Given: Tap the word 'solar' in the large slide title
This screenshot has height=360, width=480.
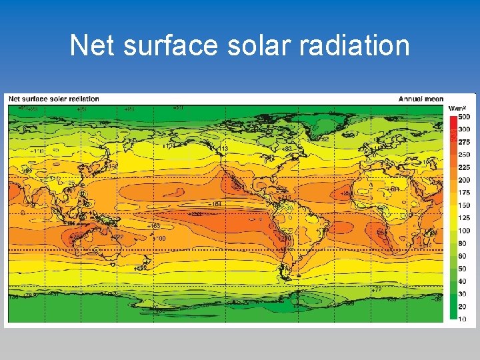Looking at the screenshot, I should [258, 45].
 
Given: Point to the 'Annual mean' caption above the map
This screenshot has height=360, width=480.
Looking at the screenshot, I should [421, 99].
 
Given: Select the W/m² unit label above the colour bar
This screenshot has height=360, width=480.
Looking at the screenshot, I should [457, 108].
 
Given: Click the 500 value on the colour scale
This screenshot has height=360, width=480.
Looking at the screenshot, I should [463, 117].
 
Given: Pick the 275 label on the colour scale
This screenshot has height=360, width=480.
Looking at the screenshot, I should [463, 142].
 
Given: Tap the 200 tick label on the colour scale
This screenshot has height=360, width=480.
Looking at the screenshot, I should [463, 180].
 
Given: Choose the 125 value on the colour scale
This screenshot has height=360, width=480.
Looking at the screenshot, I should [463, 218].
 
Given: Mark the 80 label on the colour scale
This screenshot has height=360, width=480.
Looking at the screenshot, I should [462, 243].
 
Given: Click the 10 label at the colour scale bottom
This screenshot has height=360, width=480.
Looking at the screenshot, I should [461, 319].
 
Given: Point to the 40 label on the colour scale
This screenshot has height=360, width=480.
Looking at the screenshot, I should [462, 281].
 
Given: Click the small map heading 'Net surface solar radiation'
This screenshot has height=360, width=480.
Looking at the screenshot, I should [53, 99].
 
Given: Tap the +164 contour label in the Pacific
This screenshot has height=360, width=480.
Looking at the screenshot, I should [215, 203].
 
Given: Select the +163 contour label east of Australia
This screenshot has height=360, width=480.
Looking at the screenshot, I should [154, 226].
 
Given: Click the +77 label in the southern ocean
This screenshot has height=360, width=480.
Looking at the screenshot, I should [377, 289].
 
